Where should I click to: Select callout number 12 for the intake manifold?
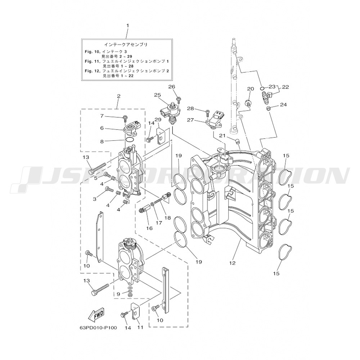232,263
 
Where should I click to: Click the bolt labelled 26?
178,99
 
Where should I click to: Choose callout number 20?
251,89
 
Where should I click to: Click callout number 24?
284,105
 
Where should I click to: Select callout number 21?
222,136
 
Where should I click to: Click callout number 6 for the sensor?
102,128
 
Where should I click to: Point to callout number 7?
102,116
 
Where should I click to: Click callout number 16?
149,228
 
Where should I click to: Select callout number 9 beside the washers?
118,294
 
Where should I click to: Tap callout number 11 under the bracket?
140,327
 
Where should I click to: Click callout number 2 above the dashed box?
118,96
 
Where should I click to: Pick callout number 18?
168,217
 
